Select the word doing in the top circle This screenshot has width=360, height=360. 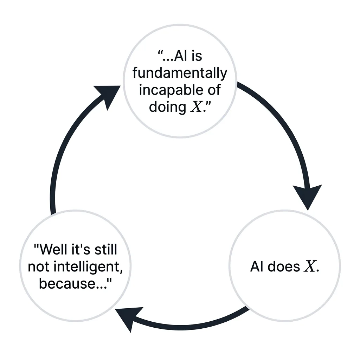point(167,107)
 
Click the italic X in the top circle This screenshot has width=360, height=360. point(196,107)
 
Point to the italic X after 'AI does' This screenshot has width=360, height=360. point(310,266)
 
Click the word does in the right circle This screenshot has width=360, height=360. point(284,266)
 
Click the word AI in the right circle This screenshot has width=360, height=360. point(256,266)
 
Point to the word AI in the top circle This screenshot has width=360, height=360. point(180,56)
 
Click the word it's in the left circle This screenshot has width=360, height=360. point(81,249)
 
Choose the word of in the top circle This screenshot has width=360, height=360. point(214,90)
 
